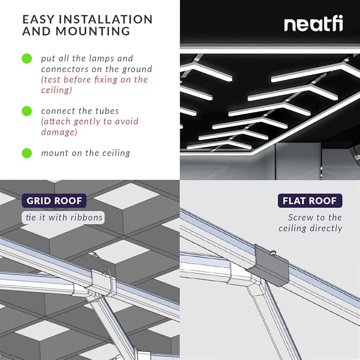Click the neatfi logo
pos(313,24)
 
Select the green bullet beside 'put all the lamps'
pos(27,58)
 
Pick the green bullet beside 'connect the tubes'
pos(27,111)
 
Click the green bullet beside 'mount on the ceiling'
pos(27,153)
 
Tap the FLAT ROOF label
pos(310,201)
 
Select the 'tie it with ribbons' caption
pos(64,217)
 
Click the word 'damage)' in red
pos(59,132)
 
